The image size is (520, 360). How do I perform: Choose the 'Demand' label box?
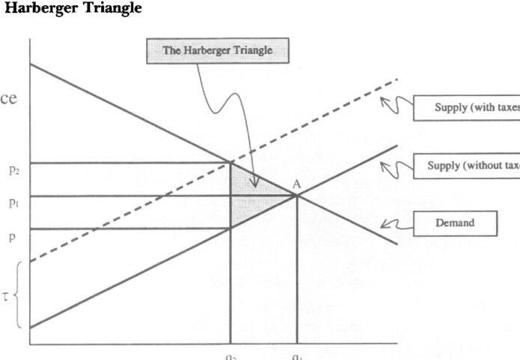[x=455, y=223]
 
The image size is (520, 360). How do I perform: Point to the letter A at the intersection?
[x=297, y=184]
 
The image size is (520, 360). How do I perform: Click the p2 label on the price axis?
[x=14, y=170]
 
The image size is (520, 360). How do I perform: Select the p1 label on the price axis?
[x=14, y=203]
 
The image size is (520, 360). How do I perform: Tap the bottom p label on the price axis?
[x=11, y=235]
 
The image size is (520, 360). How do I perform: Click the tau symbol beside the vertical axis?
[x=5, y=295]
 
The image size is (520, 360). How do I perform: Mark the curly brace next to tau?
[x=18, y=294]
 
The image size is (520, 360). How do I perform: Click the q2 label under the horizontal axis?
[x=230, y=355]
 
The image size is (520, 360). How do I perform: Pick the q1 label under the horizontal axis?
[x=297, y=355]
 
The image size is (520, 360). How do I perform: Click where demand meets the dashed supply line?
[x=230, y=160]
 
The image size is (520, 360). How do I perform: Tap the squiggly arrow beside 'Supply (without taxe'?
[x=395, y=166]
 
